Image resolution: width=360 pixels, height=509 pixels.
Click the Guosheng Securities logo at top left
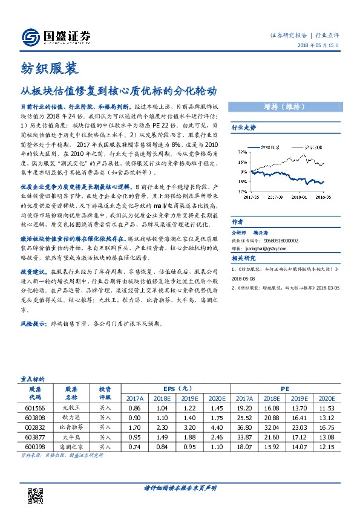point(55,37)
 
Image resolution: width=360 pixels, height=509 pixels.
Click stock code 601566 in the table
point(34,409)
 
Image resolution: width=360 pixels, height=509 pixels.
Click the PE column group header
point(284,389)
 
